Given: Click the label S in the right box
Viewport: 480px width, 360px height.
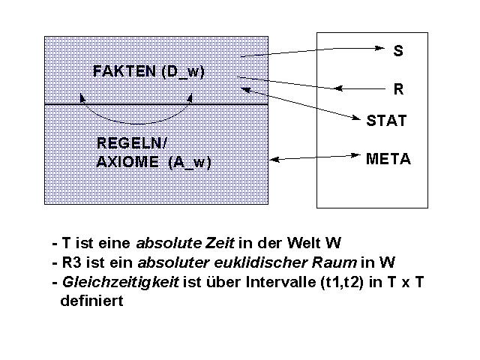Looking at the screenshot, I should tap(398, 51).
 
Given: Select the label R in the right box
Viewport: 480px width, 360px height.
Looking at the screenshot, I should tap(398, 89).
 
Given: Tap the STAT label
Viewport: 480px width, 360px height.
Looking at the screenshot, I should tap(386, 120).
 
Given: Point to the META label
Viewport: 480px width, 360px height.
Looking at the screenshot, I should tap(388, 159).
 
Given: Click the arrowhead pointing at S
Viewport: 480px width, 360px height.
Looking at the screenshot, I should tap(379, 49).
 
